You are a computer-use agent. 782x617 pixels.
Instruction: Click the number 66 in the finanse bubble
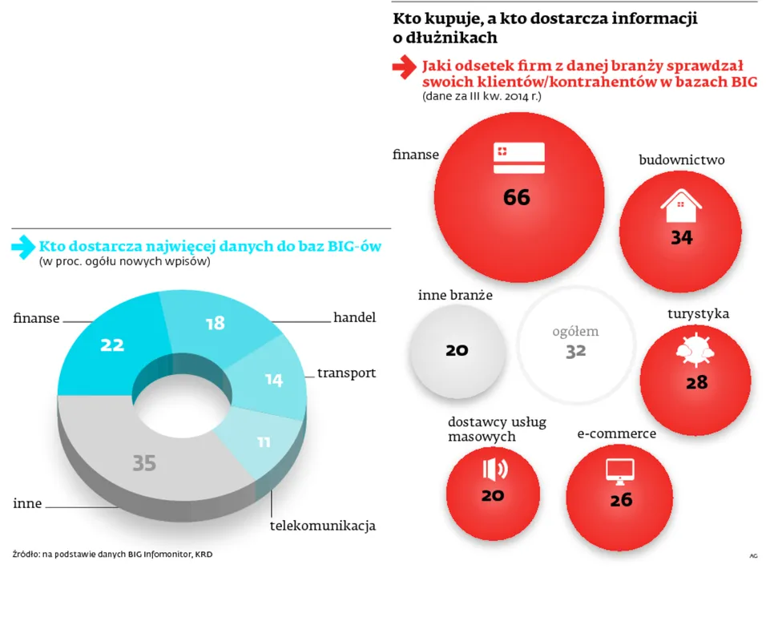point(517,197)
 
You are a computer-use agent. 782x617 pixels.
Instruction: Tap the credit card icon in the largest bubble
point(518,157)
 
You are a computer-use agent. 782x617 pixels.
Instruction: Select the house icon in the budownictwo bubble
point(680,206)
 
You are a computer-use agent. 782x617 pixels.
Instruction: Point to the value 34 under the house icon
point(682,237)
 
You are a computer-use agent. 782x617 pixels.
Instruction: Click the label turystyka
point(698,313)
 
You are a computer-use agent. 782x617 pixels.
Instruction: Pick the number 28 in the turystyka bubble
point(696,382)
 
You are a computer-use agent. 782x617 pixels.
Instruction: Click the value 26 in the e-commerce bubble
point(621,500)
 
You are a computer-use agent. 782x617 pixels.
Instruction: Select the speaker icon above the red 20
point(494,469)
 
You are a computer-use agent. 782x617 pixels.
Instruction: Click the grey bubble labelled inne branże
point(457,350)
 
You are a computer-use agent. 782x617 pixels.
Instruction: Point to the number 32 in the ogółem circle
point(575,350)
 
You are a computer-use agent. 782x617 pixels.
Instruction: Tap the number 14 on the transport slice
point(274,380)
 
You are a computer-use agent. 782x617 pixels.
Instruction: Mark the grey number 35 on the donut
point(144,462)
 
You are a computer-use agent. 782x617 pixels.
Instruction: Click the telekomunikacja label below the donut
point(322,526)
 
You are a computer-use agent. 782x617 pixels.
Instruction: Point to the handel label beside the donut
point(354,317)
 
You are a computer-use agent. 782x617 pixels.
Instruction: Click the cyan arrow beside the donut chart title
point(22,247)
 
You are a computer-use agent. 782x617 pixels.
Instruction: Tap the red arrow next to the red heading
point(404,69)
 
